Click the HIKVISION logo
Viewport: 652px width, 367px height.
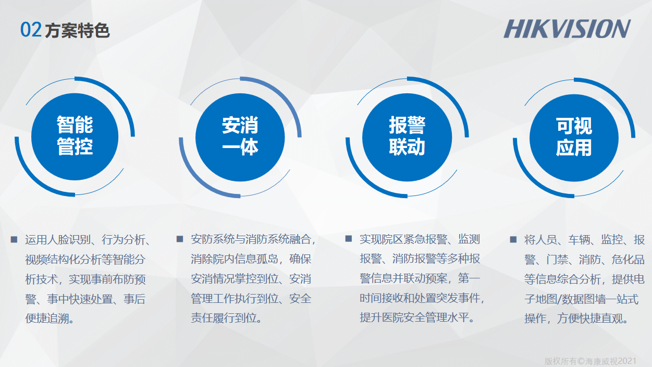coord(567,29)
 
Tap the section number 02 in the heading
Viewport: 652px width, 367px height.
coord(31,30)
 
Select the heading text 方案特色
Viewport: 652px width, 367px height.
coord(77,30)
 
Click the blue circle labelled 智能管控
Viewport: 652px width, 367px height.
coord(75,137)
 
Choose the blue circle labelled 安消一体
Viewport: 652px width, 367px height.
coord(240,137)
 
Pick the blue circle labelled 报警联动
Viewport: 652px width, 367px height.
coord(407,137)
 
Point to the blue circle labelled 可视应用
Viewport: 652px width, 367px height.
coord(574,138)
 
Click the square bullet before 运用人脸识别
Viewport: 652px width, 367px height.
coord(14,239)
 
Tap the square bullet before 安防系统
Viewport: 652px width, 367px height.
coord(180,239)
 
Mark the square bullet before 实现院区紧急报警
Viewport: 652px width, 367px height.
coord(349,239)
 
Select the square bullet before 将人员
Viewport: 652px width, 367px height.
coord(513,239)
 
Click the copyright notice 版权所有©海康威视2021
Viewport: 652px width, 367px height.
coord(591,361)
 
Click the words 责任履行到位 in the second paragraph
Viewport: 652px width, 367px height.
coord(224,317)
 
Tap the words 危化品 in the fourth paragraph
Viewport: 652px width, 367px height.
coord(628,259)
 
